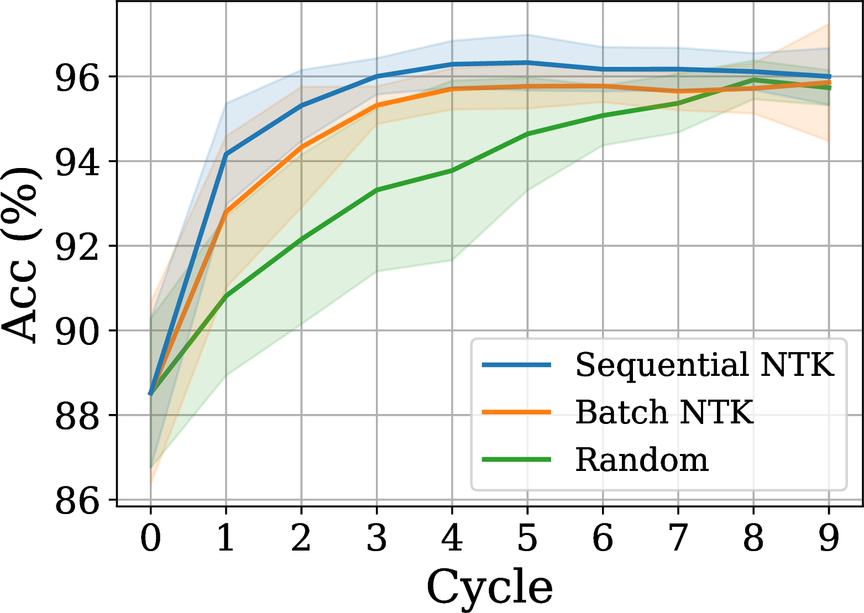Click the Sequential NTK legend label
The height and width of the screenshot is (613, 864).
pos(705,365)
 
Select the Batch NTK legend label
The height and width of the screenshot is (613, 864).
pos(664,412)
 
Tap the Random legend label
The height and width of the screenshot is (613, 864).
pos(642,460)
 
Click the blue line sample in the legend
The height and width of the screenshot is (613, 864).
pos(516,365)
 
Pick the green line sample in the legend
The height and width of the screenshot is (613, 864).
pos(516,459)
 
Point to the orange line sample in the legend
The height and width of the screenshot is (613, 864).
pos(516,412)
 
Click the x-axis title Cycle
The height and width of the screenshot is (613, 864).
pos(489,587)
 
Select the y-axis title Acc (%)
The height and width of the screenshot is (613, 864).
pos(21,254)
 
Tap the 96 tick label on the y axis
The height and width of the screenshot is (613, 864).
pos(77,77)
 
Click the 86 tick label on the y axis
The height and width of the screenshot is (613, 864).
pos(77,501)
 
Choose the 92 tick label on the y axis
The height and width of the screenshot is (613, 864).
pos(77,247)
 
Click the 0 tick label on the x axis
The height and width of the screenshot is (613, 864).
pos(150,538)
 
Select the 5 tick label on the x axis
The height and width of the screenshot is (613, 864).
pos(527,538)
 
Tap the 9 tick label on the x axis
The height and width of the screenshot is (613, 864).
pos(829,538)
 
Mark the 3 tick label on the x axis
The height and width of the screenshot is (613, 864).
pos(376,538)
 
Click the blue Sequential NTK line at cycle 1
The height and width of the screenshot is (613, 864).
pos(226,154)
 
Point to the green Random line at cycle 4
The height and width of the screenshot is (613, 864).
pos(452,170)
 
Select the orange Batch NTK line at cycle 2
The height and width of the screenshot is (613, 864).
pos(301,147)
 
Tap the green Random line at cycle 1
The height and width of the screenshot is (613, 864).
pos(226,297)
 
